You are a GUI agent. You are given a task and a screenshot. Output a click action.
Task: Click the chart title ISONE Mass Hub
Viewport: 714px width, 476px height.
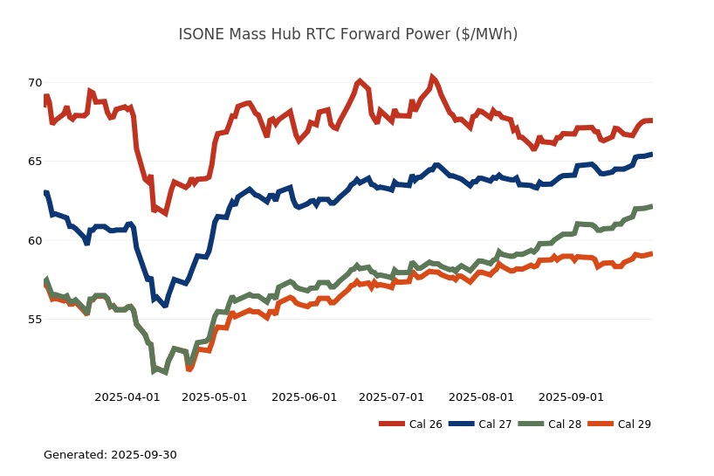[347, 34]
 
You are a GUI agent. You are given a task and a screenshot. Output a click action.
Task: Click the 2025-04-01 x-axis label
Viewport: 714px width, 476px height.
[127, 397]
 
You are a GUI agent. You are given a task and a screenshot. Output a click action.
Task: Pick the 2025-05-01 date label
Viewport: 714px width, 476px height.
[215, 397]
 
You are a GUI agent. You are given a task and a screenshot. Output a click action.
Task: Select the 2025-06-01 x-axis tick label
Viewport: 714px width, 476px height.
[305, 397]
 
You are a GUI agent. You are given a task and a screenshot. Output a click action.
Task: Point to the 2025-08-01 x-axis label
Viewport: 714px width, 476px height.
[482, 397]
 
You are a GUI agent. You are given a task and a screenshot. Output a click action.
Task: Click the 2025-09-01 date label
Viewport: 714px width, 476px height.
[572, 397]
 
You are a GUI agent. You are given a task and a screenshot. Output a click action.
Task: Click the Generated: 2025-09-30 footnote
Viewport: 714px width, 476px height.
[110, 455]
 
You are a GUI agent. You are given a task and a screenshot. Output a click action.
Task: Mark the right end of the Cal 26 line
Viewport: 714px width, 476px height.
[652, 121]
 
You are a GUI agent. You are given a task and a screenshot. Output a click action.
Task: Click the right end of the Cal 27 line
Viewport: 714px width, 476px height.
[652, 155]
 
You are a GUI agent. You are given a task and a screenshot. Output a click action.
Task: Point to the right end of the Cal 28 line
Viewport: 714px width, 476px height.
[652, 207]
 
